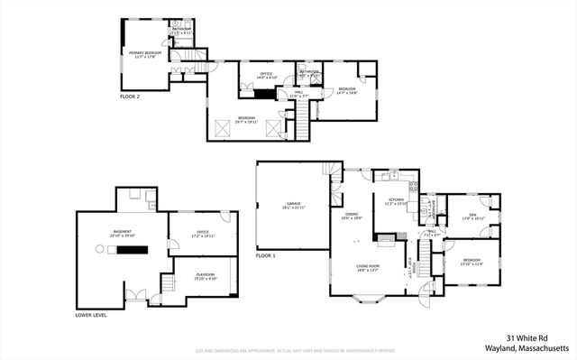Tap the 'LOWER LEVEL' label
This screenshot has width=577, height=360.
pos(94,316)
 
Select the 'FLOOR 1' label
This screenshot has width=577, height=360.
pos(265,256)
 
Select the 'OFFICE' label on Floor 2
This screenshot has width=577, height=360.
pos(266,75)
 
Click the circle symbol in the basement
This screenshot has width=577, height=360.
pos(97,248)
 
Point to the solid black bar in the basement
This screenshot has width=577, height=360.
pos(132,248)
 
